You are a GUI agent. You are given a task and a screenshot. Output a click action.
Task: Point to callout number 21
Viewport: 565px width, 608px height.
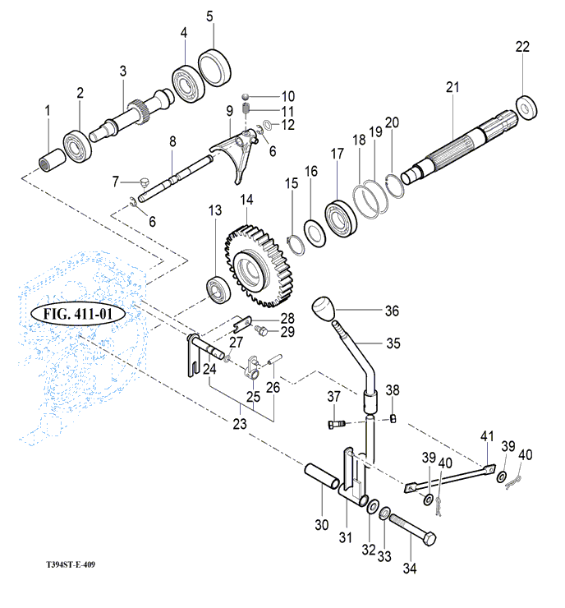click(x=452, y=86)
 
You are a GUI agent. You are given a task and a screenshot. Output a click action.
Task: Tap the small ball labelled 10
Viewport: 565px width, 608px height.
click(x=245, y=97)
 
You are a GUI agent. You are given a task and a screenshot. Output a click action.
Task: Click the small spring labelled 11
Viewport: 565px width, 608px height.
click(x=246, y=112)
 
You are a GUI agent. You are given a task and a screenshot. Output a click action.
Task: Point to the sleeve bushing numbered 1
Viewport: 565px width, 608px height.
click(x=53, y=158)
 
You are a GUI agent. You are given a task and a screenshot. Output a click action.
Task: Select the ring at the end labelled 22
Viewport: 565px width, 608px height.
click(x=526, y=106)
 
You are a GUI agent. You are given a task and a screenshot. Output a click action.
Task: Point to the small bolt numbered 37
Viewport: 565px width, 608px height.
click(x=335, y=424)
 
